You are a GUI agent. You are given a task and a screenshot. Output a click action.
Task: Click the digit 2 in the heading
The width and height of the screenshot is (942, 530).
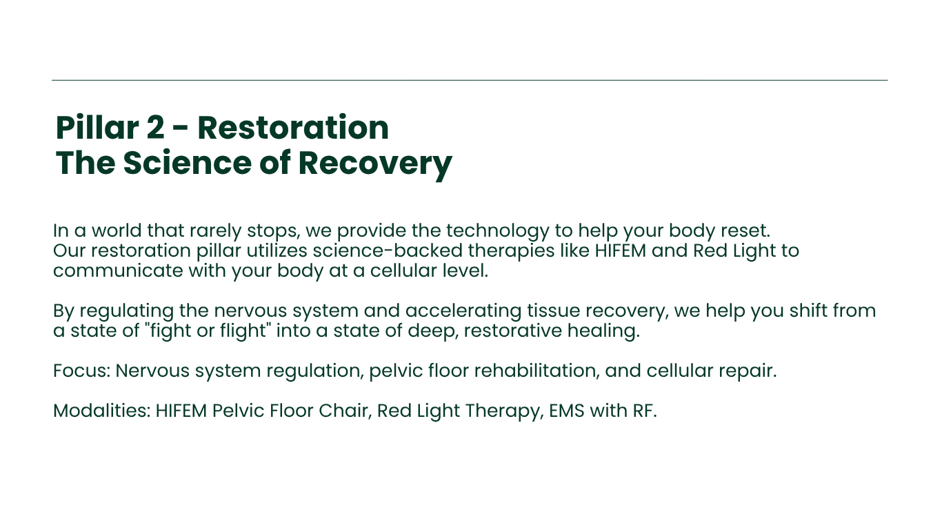155,128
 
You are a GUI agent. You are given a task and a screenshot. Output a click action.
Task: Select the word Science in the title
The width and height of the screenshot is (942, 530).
187,163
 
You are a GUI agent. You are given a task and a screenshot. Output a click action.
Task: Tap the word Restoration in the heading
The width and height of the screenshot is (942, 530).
293,128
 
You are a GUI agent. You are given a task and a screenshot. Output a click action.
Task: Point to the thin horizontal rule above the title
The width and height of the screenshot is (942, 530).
470,80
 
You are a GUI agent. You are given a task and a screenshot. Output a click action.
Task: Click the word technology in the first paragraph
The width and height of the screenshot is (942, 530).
497,231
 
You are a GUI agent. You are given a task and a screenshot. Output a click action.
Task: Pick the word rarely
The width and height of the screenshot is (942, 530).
215,231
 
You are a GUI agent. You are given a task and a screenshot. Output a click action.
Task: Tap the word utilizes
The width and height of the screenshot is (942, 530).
277,251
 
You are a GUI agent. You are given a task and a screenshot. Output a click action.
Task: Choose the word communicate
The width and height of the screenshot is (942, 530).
118,271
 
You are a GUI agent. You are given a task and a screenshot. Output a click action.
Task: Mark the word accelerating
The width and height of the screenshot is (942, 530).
463,311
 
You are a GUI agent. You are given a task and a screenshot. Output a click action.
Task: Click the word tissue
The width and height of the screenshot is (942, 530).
554,311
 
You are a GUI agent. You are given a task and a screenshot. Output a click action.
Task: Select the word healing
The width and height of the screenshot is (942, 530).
603,331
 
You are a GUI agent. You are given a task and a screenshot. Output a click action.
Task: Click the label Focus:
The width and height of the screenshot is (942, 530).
81,371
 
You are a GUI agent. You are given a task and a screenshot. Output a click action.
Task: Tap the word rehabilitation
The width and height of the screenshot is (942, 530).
537,371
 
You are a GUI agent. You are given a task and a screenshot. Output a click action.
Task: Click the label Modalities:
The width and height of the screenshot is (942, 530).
102,411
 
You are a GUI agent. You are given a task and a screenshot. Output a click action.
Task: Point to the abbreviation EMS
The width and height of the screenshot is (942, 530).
566,411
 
